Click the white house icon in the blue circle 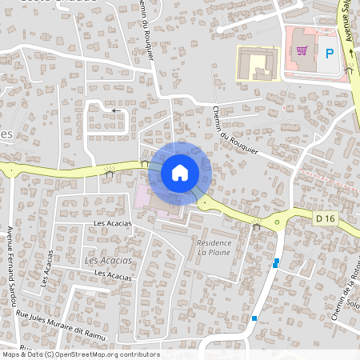[x=180, y=173]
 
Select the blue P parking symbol [x=330, y=54]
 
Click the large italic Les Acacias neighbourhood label [x=108, y=261]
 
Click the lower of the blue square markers [x=254, y=318]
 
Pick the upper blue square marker [x=276, y=262]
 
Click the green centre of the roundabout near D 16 [x=286, y=217]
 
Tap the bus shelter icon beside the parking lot [x=349, y=70]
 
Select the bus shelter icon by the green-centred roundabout [x=257, y=226]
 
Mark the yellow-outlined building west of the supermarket [x=258, y=62]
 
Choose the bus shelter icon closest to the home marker [x=144, y=162]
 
